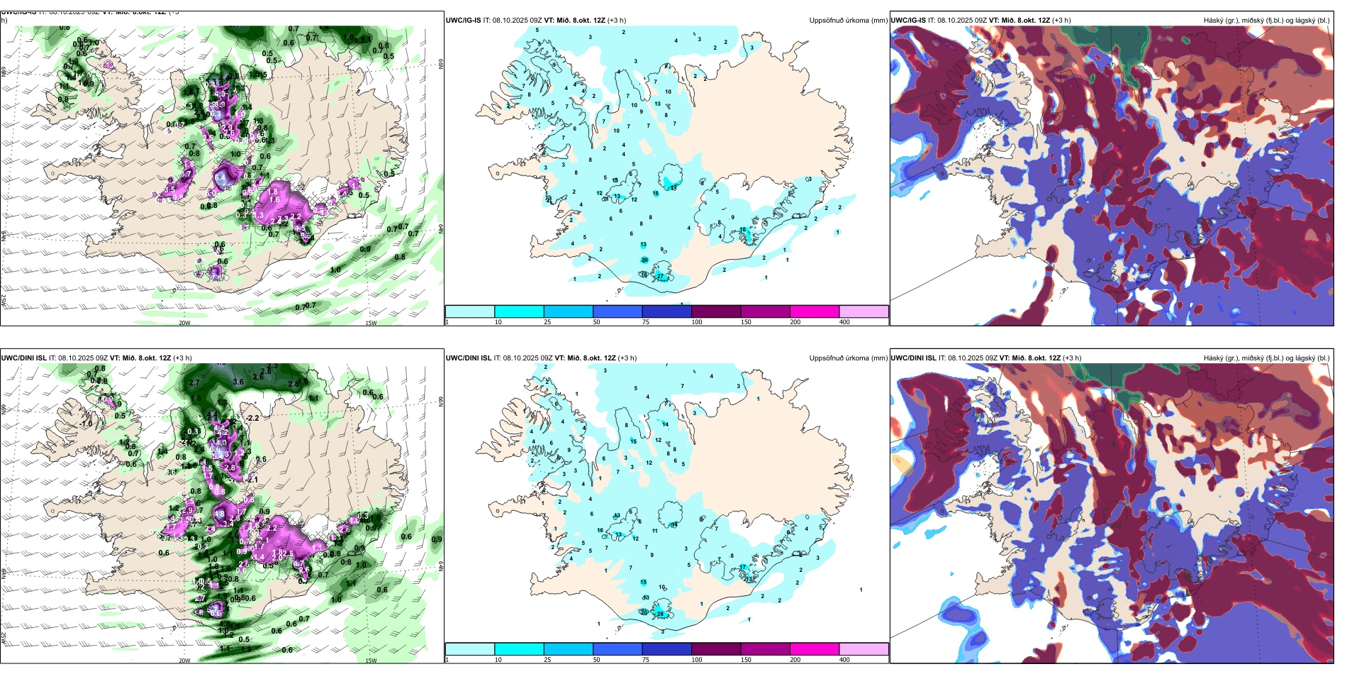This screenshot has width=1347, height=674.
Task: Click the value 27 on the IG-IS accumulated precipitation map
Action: point(660,276)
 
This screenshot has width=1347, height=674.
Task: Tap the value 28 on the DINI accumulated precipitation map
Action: point(660,614)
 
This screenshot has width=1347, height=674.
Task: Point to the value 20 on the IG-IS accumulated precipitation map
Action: point(644,260)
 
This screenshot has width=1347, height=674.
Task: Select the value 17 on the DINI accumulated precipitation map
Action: point(742,567)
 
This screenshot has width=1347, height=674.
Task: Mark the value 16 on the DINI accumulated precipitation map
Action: point(600,530)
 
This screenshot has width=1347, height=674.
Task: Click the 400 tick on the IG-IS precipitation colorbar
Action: point(844,322)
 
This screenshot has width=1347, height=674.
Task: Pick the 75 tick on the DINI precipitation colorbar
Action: point(646,660)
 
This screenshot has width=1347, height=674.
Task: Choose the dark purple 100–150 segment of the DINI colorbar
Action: point(716,649)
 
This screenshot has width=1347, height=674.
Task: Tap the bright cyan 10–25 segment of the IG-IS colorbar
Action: point(519,311)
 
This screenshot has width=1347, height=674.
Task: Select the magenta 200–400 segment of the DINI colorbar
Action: point(815,649)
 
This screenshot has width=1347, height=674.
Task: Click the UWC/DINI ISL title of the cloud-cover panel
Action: point(914,358)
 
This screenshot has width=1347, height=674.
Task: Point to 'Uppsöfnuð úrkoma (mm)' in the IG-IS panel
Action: point(848,21)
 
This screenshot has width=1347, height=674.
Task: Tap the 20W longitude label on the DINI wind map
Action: point(184,661)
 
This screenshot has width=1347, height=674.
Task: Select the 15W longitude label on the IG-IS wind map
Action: point(371,323)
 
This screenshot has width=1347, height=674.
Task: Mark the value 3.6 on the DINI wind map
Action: point(239,382)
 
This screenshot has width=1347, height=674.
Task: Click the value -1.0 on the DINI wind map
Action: point(86,424)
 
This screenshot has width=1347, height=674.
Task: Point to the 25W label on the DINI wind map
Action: point(4,639)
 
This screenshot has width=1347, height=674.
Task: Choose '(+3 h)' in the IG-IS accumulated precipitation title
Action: point(616,21)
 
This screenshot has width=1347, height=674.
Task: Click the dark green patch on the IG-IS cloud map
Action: point(1106,39)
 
